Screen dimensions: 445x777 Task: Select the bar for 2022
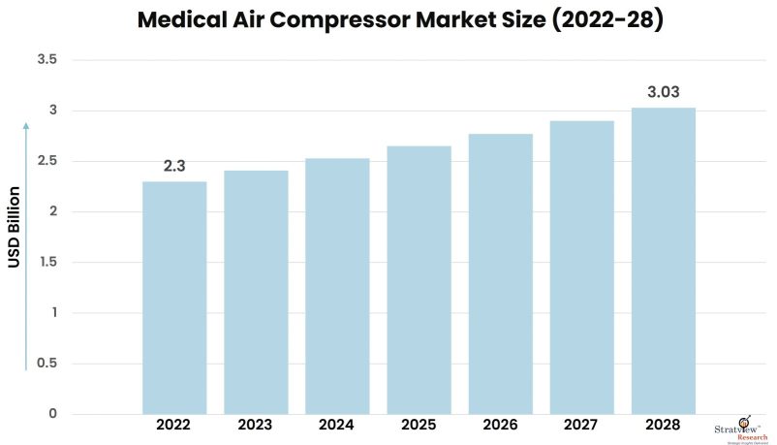point(174,298)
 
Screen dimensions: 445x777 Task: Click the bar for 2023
point(256,292)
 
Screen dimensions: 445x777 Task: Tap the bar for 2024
point(337,286)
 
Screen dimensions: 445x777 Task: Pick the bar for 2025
point(419,280)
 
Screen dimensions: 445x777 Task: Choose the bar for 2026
point(500,273)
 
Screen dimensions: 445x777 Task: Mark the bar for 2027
point(581,268)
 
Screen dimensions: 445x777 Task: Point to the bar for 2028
point(664,261)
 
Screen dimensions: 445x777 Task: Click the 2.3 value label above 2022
point(174,166)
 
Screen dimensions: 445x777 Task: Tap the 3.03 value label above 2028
point(664,92)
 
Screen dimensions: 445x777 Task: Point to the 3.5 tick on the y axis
point(47,60)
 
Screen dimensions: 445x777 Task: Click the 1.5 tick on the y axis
point(47,262)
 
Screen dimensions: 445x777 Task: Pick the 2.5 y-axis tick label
point(47,161)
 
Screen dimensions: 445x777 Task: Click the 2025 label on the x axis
point(419,426)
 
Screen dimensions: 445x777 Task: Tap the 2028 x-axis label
point(664,426)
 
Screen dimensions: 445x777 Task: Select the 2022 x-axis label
point(174,426)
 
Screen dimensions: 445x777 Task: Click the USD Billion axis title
point(15,226)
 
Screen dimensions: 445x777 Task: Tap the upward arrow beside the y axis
point(26,242)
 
